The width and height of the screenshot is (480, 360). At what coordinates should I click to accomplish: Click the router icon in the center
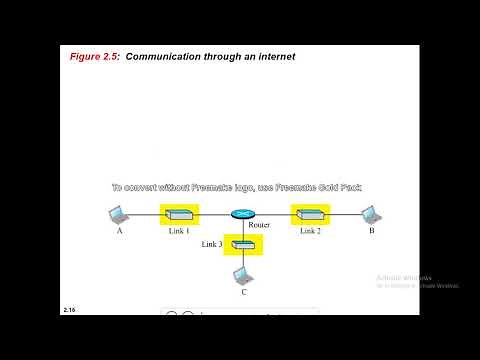[x=243, y=215]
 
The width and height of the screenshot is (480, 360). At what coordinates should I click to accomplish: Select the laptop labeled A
[x=118, y=215]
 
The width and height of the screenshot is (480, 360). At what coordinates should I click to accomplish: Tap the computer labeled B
[x=370, y=214]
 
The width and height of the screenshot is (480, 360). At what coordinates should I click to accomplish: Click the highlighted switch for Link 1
[x=180, y=215]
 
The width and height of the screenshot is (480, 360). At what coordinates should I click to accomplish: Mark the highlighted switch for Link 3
[x=243, y=245]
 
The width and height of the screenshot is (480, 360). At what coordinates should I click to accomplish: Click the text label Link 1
[x=179, y=231]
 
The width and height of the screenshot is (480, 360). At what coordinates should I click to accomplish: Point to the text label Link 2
[x=309, y=231]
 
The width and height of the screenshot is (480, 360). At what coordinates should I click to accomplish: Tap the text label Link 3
[x=211, y=244]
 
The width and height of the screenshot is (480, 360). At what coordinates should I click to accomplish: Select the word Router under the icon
[x=259, y=226]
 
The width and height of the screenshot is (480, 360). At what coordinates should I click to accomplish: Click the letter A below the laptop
[x=119, y=231]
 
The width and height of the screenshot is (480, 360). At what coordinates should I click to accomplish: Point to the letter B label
[x=371, y=231]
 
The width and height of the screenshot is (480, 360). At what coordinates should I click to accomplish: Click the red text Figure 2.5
[x=96, y=57]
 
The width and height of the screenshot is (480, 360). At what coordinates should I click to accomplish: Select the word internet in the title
[x=273, y=57]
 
